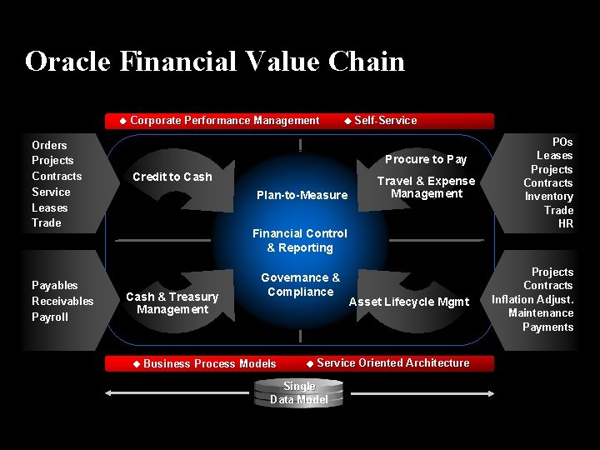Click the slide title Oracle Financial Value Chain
coord(214,62)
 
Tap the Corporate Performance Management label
coord(224,121)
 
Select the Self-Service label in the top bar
coord(385,121)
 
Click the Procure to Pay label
coord(425,159)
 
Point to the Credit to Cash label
coord(172,177)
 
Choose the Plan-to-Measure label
coord(302,195)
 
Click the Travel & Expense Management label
coord(426,187)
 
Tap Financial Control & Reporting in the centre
coord(300,241)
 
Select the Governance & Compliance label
coord(300,284)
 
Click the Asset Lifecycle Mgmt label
coord(408,302)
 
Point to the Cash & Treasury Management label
coord(172,303)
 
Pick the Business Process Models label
coord(209,363)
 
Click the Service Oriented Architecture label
coord(392,362)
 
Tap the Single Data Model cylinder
coord(299,392)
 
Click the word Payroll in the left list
coord(49,317)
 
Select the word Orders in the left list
coord(49,145)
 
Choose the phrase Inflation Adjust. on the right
coord(532,299)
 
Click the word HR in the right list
coord(565,223)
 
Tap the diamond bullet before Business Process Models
coord(137,363)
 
